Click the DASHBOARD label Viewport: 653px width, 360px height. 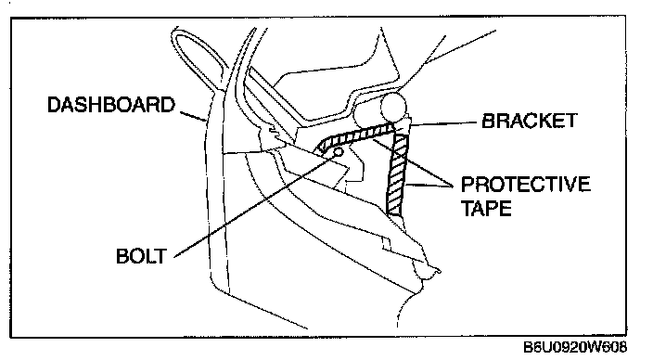coord(111,105)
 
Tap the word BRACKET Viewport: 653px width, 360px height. coord(530,121)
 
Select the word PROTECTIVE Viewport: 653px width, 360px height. coord(526,184)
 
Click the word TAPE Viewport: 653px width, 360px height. coord(486,208)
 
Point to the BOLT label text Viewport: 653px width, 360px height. coord(141,256)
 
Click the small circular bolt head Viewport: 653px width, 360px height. coord(339,151)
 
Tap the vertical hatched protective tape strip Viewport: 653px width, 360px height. coord(396,175)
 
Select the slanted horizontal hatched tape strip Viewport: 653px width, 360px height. coord(355,136)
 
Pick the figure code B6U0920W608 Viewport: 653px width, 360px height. coord(575,347)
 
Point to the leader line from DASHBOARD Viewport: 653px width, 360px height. coord(192,116)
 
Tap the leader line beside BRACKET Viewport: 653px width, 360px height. coord(442,123)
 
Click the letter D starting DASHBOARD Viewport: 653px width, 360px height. coord(54,105)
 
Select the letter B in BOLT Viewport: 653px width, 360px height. coord(122,256)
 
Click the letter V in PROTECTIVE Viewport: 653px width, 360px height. coord(571,184)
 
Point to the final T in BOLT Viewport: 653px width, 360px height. coord(160,256)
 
